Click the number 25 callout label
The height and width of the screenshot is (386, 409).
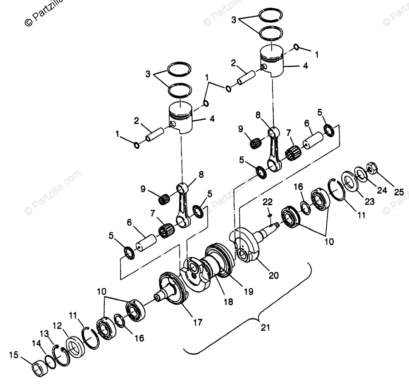pyautogui.click(x=399, y=192)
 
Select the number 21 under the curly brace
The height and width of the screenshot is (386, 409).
pyautogui.click(x=265, y=328)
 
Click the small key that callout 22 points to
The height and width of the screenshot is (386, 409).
pyautogui.click(x=270, y=215)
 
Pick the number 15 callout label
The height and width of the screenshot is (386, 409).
pyautogui.click(x=14, y=355)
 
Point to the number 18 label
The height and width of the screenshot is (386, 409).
pyautogui.click(x=228, y=301)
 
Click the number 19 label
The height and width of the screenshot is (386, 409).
pyautogui.click(x=248, y=291)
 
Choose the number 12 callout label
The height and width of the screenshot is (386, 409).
pyautogui.click(x=57, y=325)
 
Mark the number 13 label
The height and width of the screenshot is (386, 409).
pyautogui.click(x=44, y=333)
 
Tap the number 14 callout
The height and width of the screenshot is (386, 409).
pyautogui.click(x=36, y=343)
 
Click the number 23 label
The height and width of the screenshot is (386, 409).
pyautogui.click(x=369, y=202)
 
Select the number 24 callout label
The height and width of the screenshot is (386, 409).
pyautogui.click(x=382, y=191)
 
